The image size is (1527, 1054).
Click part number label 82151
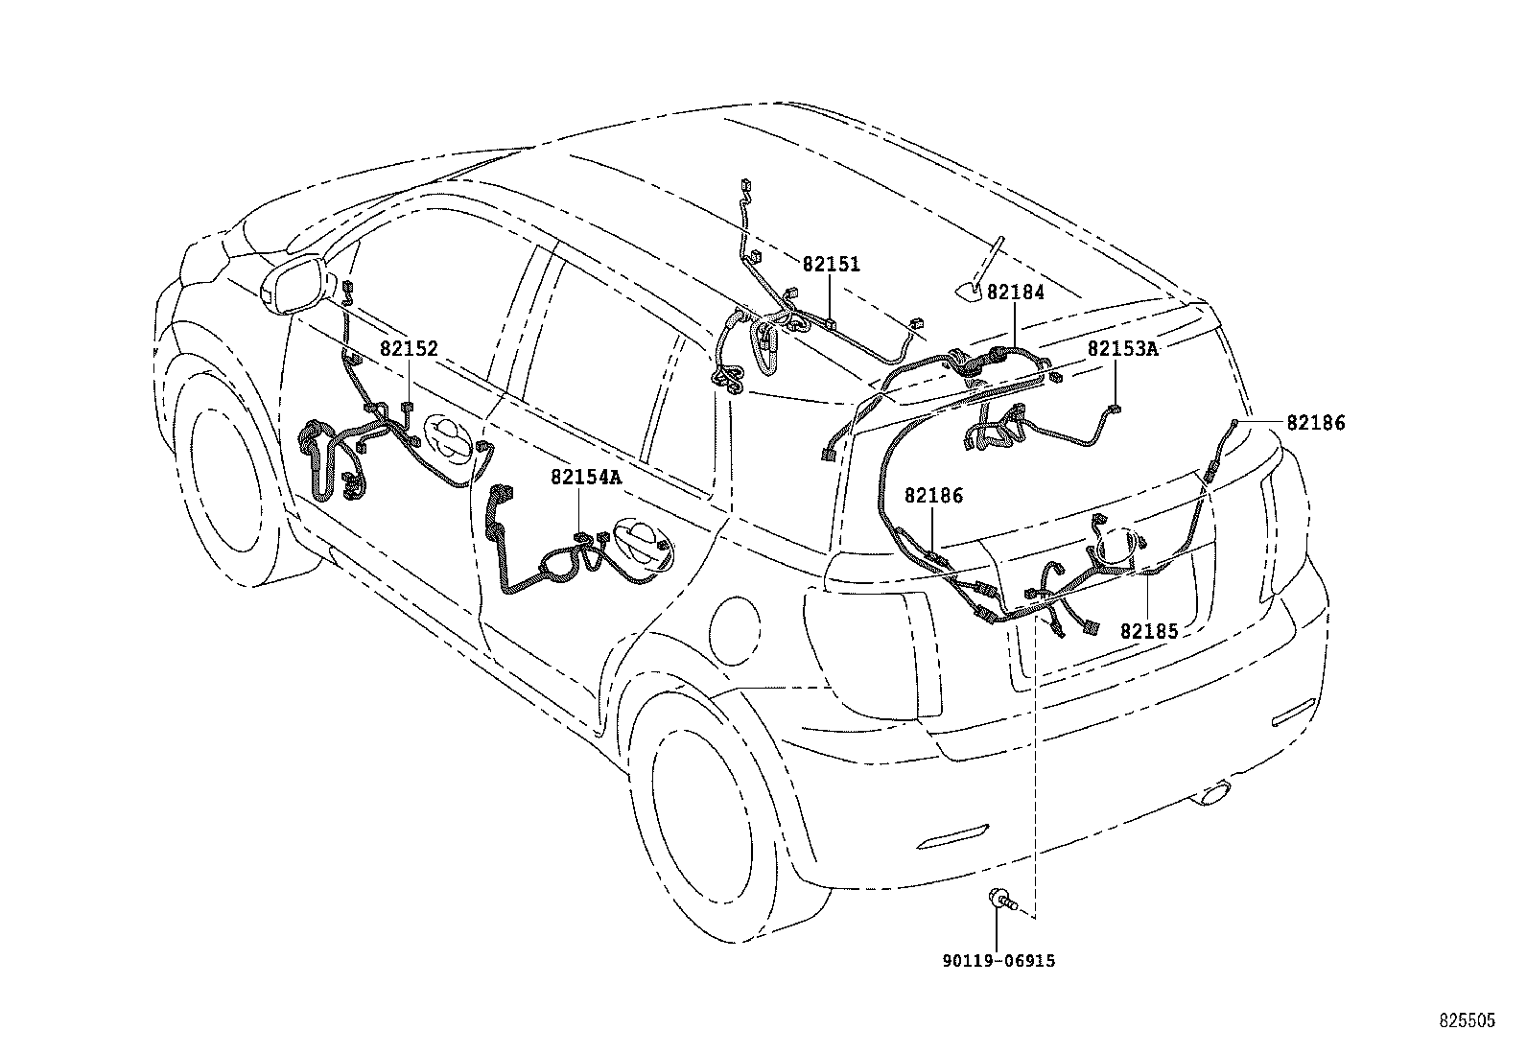point(831,265)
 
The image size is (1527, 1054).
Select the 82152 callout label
point(409,349)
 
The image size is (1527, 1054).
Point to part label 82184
point(1015,293)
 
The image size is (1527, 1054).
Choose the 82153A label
point(1122,348)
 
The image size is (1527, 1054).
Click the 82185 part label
point(1149,631)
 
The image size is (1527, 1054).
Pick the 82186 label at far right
point(1316,422)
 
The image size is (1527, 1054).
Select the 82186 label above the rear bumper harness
point(933,496)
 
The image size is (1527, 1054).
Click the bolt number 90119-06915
point(998,961)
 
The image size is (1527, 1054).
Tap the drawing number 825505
point(1465,1022)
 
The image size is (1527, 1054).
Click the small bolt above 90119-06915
point(1001,900)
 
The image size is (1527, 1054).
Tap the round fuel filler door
point(736,629)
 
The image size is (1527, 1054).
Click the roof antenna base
point(968,289)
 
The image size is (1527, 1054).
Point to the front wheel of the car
point(230,480)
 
